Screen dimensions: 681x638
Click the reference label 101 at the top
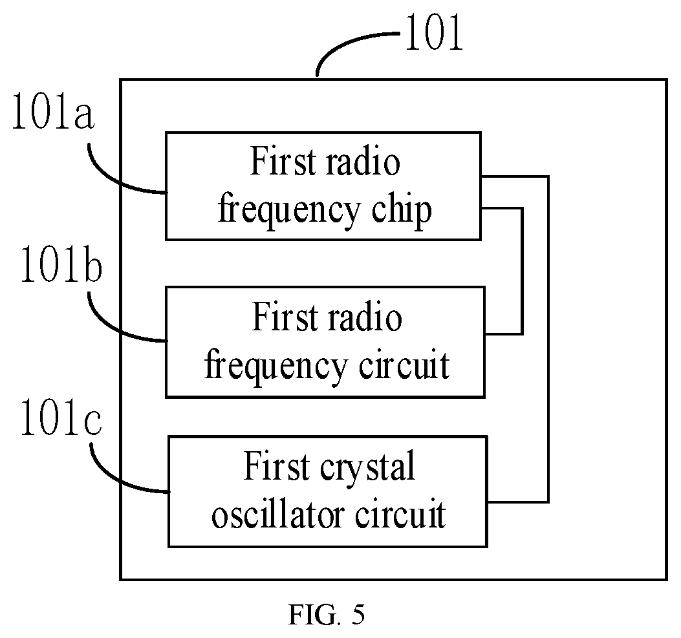coord(433,32)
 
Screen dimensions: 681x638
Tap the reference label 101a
coord(52,111)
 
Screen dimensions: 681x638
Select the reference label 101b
coord(61,263)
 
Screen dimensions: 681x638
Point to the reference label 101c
coord(61,417)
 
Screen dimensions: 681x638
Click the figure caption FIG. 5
coord(327,614)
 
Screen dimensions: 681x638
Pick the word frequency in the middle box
coord(276,366)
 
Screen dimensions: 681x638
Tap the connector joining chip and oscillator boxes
coord(548,339)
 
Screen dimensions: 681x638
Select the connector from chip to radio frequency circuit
coord(522,271)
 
